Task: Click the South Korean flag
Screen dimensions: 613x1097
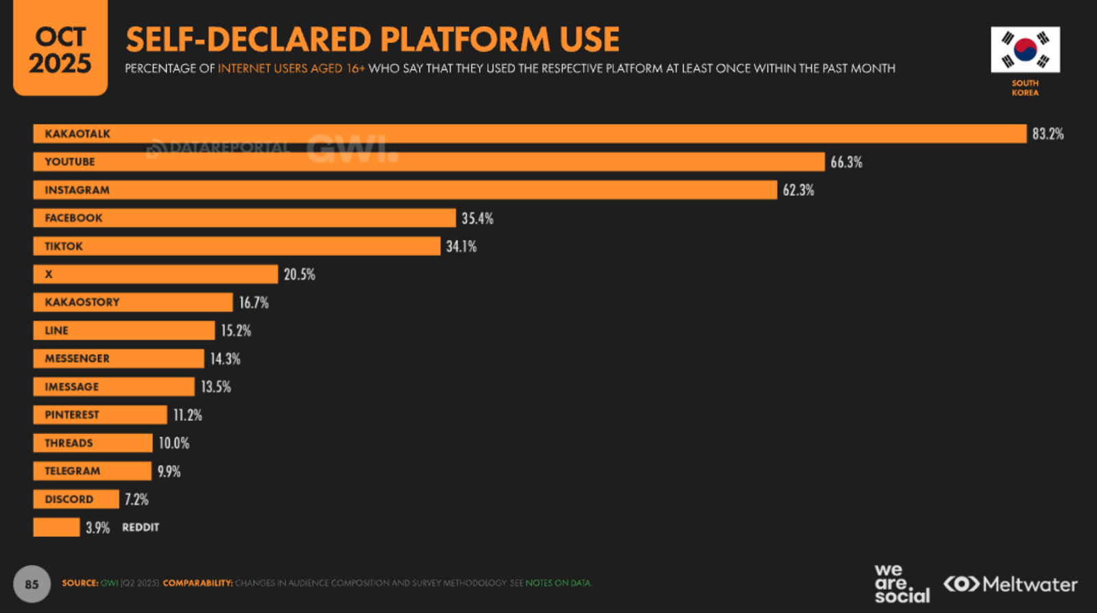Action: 1025,49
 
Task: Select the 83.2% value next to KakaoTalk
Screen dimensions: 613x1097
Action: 1048,134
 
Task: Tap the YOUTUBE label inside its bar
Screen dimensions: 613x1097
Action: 70,162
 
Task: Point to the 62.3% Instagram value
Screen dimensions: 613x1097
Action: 798,190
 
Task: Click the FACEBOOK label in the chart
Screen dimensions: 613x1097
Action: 73,218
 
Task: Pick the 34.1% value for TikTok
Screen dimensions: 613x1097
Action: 461,246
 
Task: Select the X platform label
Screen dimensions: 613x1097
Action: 49,274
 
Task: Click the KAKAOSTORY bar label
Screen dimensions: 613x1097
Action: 82,302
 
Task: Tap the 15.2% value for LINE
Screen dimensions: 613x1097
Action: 235,330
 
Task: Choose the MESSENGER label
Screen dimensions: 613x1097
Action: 77,359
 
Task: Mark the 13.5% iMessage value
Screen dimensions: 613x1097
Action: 215,387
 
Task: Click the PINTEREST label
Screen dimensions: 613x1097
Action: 71,415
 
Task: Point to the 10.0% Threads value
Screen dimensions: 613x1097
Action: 173,443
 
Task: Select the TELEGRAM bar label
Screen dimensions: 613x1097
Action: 72,471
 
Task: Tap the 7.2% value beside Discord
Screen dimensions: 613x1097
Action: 136,499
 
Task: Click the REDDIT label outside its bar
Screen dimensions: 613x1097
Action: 141,527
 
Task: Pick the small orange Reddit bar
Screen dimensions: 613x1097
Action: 56,527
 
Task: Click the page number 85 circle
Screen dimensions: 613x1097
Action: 32,584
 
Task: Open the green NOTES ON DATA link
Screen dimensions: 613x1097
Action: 557,584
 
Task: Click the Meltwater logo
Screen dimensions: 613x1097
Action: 1010,584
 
